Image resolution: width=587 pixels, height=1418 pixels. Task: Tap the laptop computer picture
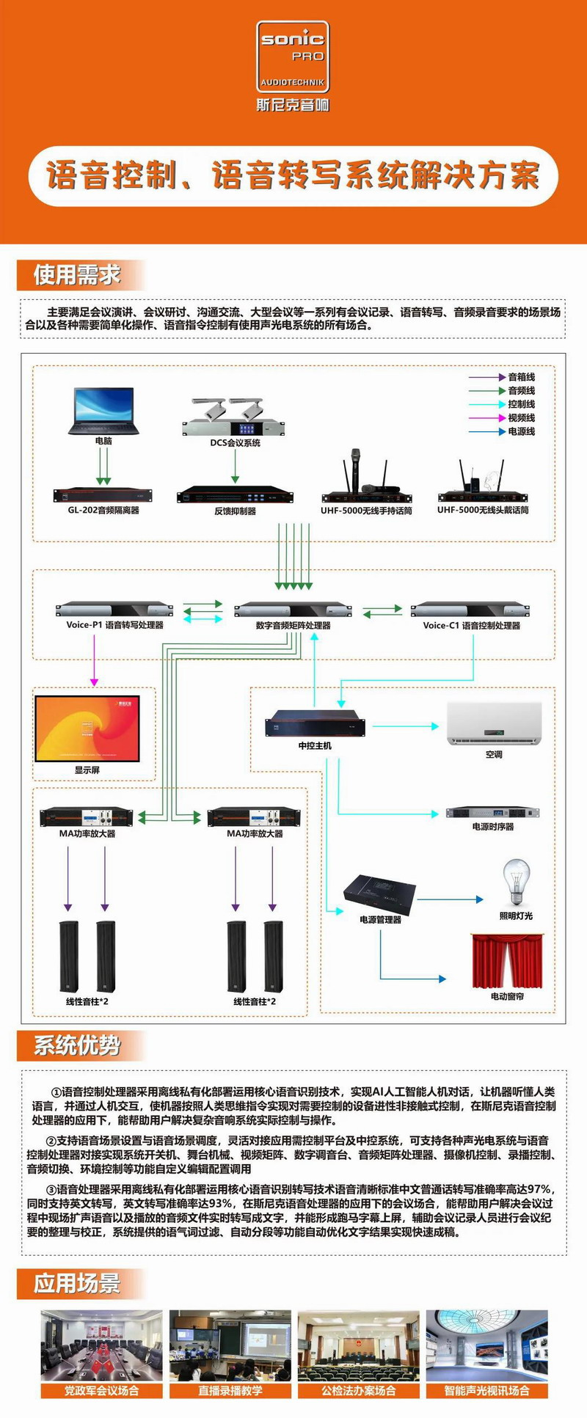click(103, 412)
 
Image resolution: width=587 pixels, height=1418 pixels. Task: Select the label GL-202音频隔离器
click(103, 510)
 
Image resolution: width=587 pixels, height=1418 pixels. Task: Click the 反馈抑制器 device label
click(235, 511)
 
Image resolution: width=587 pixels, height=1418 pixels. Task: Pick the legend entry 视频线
click(521, 417)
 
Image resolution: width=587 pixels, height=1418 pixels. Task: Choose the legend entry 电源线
click(521, 431)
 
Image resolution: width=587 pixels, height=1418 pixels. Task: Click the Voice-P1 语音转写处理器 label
click(114, 625)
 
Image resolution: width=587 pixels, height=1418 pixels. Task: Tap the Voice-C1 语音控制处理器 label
click(471, 626)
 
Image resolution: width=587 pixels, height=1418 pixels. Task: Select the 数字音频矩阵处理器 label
click(293, 626)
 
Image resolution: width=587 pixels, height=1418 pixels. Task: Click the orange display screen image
click(87, 728)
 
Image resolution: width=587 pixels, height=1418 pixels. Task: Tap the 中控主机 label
click(315, 745)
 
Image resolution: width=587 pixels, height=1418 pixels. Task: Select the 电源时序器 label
click(493, 826)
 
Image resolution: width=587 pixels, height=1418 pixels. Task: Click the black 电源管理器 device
click(379, 893)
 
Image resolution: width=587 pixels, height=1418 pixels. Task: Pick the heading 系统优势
click(77, 1045)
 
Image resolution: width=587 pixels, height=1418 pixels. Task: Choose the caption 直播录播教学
click(230, 1390)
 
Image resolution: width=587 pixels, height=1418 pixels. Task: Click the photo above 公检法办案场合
click(359, 1345)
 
